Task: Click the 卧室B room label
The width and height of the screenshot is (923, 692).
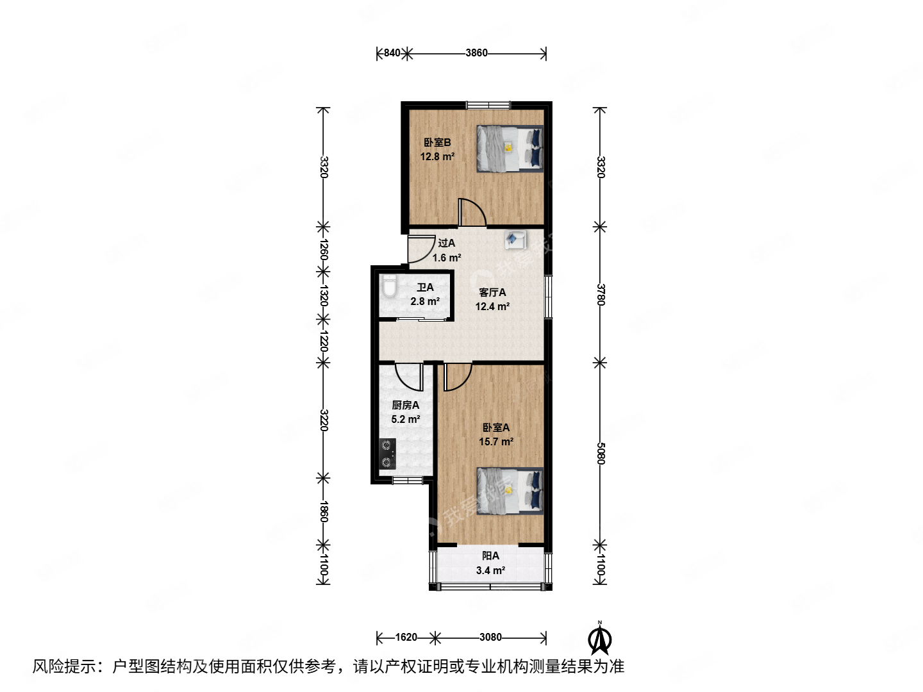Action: point(437,142)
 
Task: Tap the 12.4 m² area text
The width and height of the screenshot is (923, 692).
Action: point(492,307)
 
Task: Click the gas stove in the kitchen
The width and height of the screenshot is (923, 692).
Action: point(387,454)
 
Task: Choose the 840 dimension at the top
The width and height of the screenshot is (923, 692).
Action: point(392,53)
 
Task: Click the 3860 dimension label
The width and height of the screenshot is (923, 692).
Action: point(476,53)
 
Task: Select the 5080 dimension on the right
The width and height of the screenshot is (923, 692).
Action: point(601,454)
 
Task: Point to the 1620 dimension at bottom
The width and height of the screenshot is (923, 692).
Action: point(406,637)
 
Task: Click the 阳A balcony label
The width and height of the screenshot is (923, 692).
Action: point(490,556)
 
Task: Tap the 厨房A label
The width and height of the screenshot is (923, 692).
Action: point(405,405)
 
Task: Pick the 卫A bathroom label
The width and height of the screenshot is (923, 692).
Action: point(425,288)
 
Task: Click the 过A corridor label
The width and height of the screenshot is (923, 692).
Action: point(446,243)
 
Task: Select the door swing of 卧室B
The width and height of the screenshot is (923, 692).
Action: point(472,213)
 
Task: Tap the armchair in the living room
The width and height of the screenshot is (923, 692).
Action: point(515,240)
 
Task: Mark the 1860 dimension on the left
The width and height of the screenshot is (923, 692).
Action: point(324,511)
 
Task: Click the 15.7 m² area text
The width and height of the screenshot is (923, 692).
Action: point(496,442)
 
